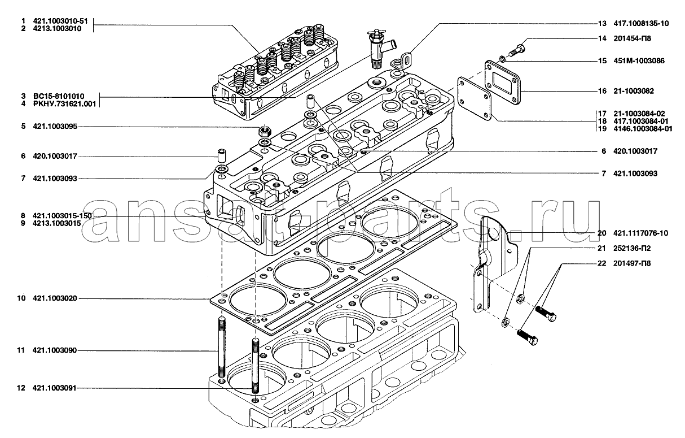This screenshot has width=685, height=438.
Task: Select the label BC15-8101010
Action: (x=59, y=96)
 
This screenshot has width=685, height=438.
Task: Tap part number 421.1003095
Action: (x=55, y=127)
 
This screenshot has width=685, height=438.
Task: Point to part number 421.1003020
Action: (x=55, y=298)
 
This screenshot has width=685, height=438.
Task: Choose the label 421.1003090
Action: (x=55, y=351)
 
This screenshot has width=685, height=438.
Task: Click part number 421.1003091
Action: (x=55, y=388)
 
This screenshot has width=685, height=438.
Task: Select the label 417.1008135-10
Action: (x=642, y=24)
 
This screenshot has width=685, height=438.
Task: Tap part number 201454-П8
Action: (x=633, y=38)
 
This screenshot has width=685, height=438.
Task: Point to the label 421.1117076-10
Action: (x=642, y=233)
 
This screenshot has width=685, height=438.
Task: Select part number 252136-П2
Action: (x=633, y=248)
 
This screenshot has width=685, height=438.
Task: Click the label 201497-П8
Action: (x=633, y=263)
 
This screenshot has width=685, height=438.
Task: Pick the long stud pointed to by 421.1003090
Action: (x=221, y=350)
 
